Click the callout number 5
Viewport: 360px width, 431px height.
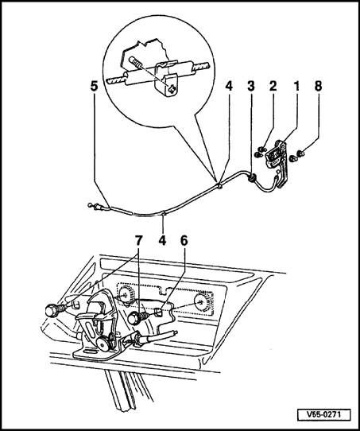click(x=95, y=87)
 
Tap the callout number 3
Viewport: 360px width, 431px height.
click(x=251, y=87)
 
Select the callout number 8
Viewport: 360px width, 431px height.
click(x=318, y=87)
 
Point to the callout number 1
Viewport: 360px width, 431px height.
click(x=296, y=87)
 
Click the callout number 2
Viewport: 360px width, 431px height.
click(x=273, y=87)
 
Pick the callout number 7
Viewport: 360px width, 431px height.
click(x=138, y=241)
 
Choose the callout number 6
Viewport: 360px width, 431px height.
click(x=184, y=241)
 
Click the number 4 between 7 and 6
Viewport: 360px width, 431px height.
click(x=162, y=241)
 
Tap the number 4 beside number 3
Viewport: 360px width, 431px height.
click(x=229, y=87)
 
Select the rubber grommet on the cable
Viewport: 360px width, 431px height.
click(x=251, y=178)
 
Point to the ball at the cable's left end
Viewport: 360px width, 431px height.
click(x=90, y=205)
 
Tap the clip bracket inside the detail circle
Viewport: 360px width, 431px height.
click(x=167, y=79)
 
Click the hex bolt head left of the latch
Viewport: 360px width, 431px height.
click(x=51, y=311)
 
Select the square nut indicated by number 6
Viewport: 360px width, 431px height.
click(x=159, y=313)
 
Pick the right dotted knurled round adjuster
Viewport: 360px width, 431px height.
click(x=203, y=303)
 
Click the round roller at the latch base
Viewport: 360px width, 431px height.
click(x=103, y=344)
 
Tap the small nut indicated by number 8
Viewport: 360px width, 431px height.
click(x=301, y=153)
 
